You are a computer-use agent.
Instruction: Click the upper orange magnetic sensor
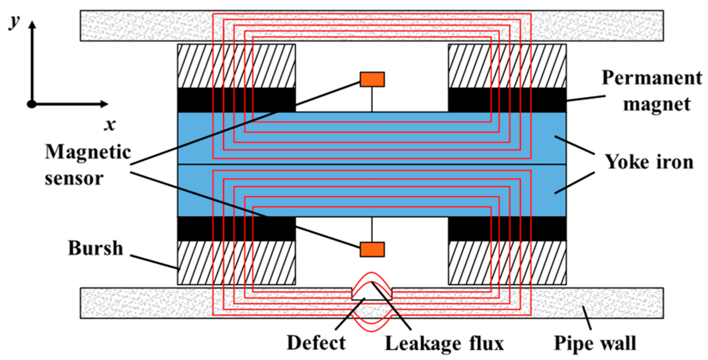(372, 79)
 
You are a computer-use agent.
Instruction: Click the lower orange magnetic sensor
(372, 249)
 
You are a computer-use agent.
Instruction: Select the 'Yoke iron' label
(649, 162)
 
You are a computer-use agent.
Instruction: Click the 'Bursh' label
(96, 248)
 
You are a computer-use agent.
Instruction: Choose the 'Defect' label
(316, 343)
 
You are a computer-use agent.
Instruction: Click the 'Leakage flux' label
(444, 344)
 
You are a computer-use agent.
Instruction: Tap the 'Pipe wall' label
(595, 344)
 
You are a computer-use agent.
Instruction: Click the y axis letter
(15, 21)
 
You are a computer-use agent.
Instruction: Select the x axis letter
(110, 125)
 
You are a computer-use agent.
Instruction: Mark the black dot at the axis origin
(32, 104)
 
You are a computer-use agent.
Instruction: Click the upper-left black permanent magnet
(195, 100)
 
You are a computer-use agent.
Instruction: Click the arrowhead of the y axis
(32, 24)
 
